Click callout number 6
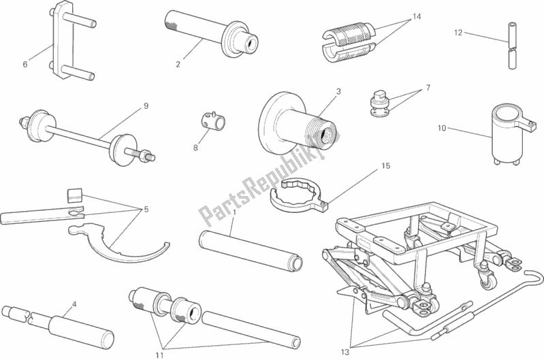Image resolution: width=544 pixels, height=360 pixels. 25,65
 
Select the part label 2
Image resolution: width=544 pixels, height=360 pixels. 178,65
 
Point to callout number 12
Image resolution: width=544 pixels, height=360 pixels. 459,33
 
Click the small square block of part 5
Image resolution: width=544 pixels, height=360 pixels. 76,195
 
